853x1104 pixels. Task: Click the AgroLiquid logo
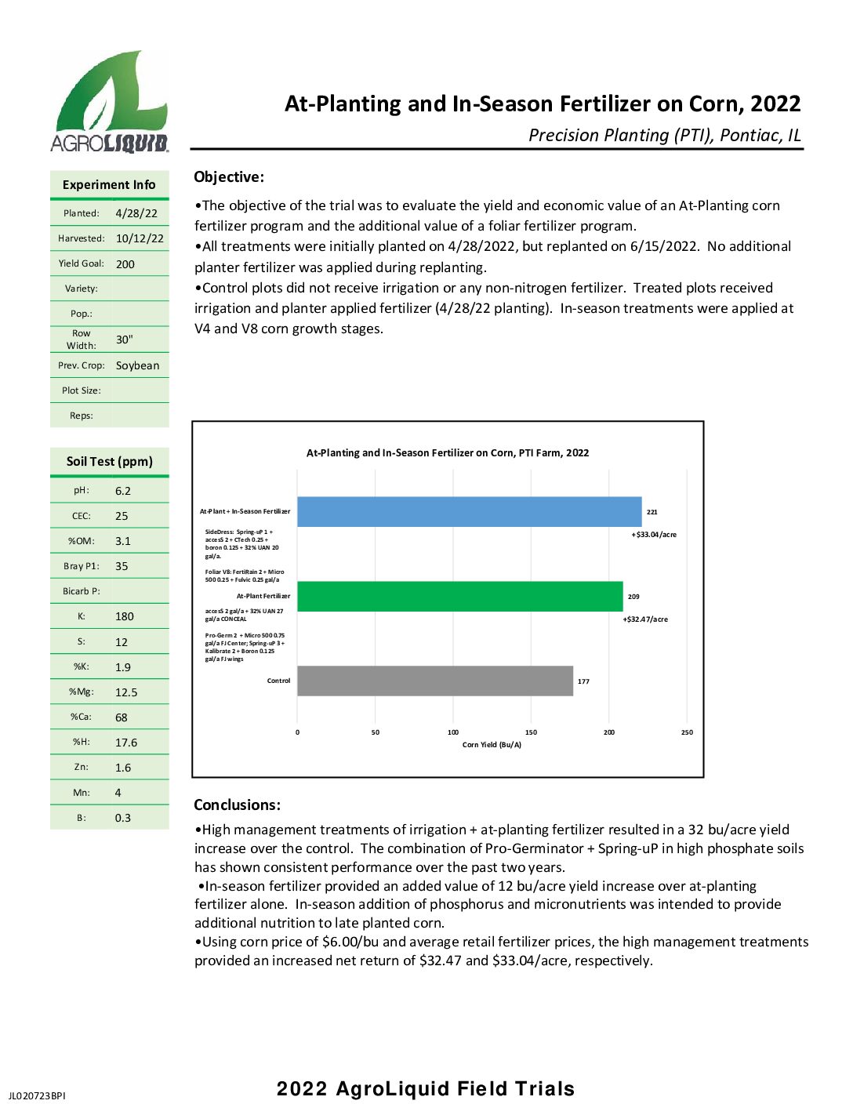[x=109, y=102]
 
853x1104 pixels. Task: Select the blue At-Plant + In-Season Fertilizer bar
[x=469, y=512]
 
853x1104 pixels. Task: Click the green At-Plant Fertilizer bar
[x=459, y=597]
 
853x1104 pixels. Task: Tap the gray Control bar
[x=434, y=681]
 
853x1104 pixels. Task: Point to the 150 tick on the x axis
[x=531, y=732]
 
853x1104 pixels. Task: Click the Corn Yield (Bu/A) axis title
[x=492, y=745]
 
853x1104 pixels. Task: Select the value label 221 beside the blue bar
[x=652, y=512]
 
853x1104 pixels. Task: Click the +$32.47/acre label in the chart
[x=645, y=619]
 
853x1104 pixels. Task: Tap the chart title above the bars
[x=447, y=452]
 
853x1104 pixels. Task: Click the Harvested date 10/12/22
[x=140, y=238]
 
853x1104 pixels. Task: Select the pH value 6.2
[x=123, y=491]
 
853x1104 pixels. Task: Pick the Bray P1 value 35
[x=122, y=566]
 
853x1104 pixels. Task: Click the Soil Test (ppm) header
[x=110, y=461]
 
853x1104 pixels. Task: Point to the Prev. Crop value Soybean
[x=137, y=365]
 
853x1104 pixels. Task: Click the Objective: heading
[x=229, y=177]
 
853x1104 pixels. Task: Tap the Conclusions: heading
[x=237, y=804]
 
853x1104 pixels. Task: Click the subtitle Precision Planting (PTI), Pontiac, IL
[x=665, y=135]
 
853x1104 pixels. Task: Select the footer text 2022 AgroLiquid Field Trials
[x=426, y=1088]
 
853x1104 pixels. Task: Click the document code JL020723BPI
[x=37, y=1095]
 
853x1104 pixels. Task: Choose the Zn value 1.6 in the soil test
[x=123, y=768]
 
